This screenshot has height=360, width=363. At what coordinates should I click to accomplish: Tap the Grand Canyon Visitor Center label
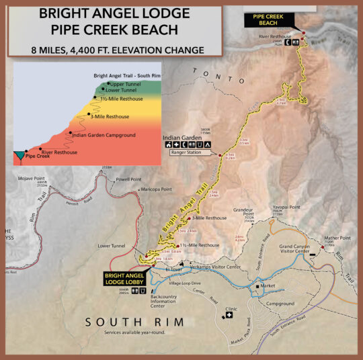point(298,251)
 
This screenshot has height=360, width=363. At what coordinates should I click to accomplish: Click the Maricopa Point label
point(156,189)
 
